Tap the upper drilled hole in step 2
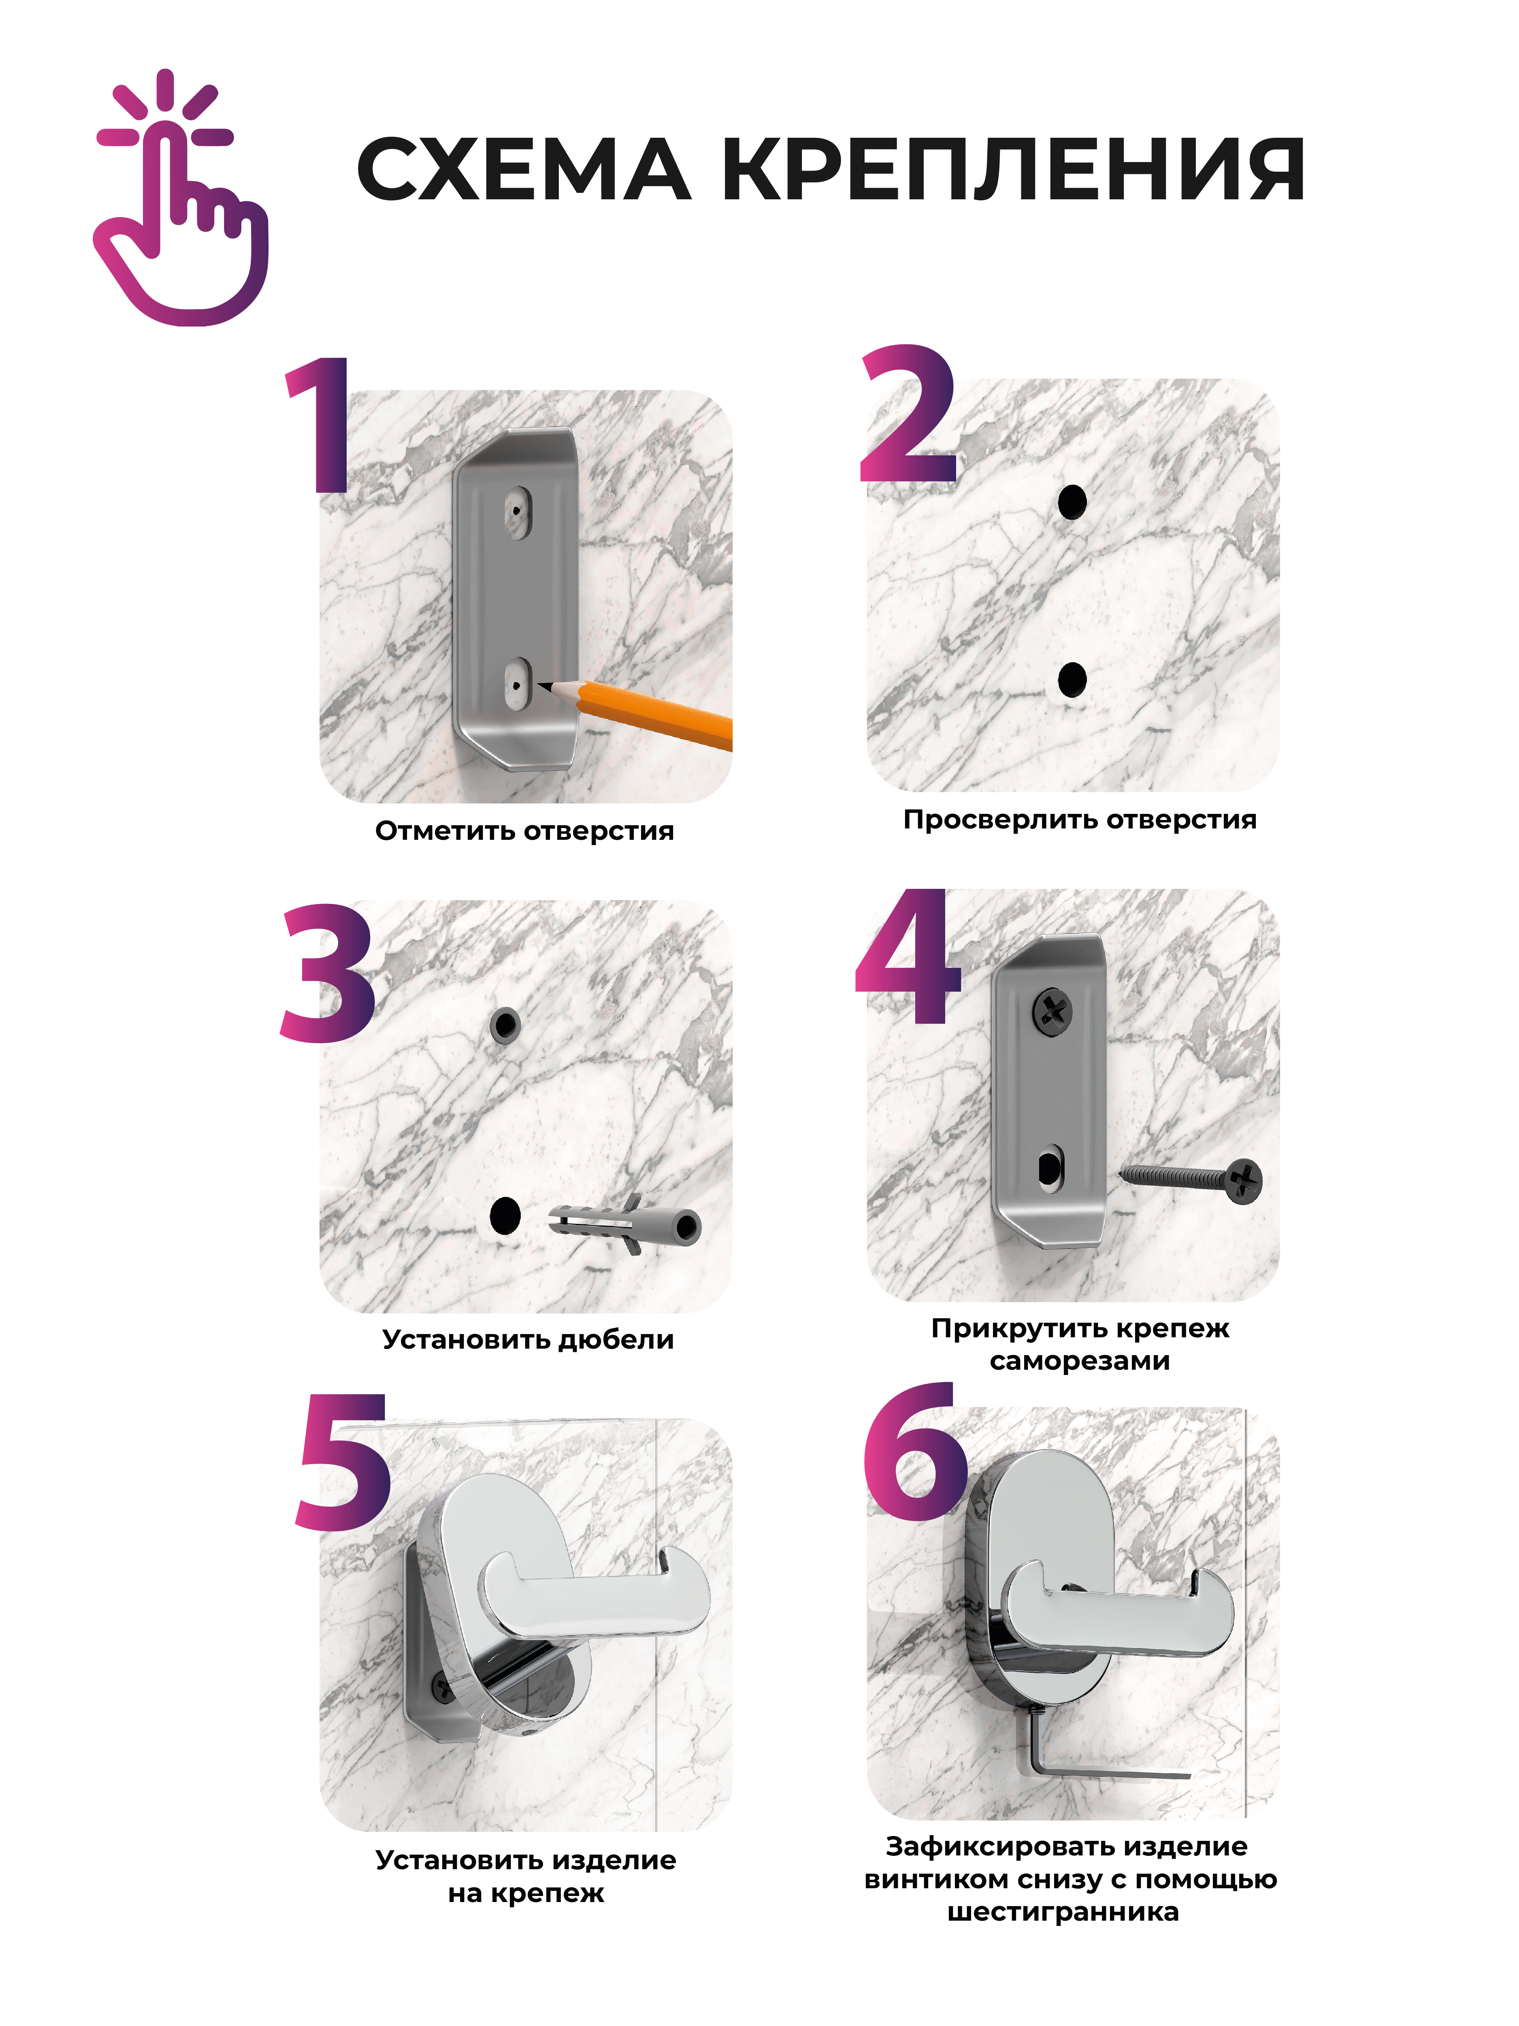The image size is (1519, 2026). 1072,502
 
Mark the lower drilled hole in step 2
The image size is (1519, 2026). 1072,680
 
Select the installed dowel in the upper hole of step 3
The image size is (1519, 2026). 505,1025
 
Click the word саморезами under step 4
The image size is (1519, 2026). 1080,1361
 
